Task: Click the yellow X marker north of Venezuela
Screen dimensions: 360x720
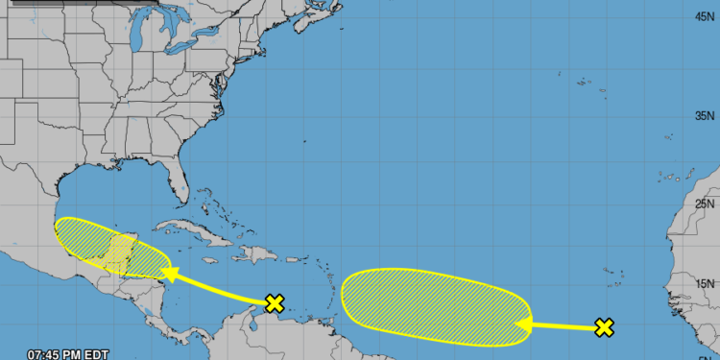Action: [x=275, y=304]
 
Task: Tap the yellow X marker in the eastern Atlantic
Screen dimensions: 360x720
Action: [x=604, y=327]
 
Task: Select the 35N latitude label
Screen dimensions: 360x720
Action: [x=705, y=115]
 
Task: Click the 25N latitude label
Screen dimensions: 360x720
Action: [x=705, y=204]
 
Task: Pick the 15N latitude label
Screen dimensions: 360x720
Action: [x=705, y=283]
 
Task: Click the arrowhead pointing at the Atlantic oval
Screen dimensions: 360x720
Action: [x=523, y=325]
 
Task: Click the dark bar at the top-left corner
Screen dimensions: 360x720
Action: [x=67, y=3]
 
